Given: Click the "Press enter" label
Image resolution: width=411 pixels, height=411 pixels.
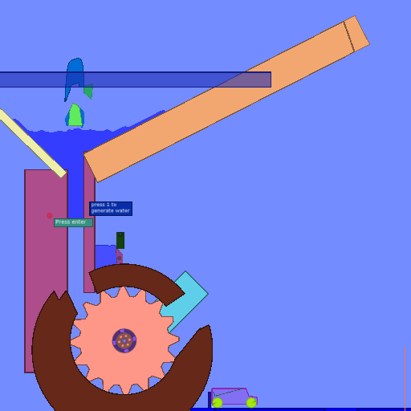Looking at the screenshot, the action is point(73,222).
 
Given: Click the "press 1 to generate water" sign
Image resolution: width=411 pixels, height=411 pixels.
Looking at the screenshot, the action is point(111,209).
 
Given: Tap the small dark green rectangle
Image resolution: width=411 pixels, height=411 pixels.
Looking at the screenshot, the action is point(120,240).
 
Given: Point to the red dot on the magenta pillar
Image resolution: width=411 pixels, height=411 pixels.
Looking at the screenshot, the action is point(50,215).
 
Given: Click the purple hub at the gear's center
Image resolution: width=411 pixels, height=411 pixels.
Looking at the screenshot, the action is point(124,340).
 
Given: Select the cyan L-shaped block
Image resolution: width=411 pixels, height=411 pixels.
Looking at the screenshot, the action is point(187,297).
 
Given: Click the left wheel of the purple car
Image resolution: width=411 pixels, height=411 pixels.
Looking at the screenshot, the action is point(218,402).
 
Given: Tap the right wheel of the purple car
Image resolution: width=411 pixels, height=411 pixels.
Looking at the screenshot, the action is point(251,402).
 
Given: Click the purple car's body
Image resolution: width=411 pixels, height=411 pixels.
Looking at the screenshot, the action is point(233,397).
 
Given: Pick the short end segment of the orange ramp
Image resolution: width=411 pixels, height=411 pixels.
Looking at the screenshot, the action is point(356,34).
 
